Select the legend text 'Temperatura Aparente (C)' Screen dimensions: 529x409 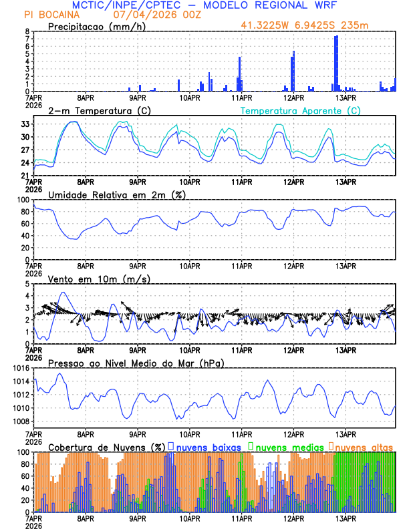coord(300,110)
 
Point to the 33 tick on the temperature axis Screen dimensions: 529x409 coord(25,124)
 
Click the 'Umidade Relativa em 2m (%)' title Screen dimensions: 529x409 coord(116,194)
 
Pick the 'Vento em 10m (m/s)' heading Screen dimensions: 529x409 coord(99,279)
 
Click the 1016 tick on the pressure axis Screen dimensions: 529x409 coord(19,368)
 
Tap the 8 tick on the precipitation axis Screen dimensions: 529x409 coord(26,31)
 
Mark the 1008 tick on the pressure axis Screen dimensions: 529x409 coord(19,421)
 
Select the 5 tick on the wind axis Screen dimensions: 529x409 coord(26,284)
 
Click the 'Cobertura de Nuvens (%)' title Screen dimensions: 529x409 coord(106,446)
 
